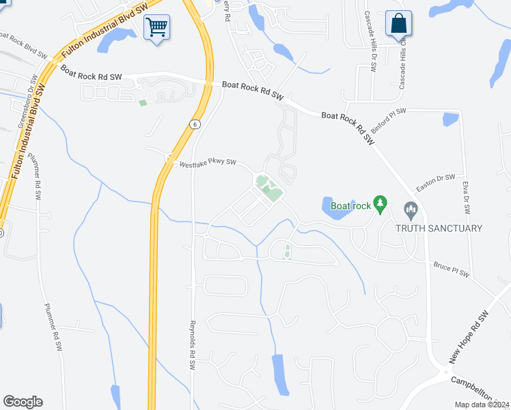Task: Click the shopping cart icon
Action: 157,28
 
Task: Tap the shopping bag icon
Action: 398,24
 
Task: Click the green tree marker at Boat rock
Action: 381,203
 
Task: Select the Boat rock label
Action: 350,205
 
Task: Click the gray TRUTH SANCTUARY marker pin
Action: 411,208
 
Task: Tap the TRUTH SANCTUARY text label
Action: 439,228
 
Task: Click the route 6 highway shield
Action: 195,123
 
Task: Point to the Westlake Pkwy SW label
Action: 207,163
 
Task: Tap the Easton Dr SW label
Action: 436,183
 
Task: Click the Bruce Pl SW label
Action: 451,269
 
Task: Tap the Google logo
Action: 23,402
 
